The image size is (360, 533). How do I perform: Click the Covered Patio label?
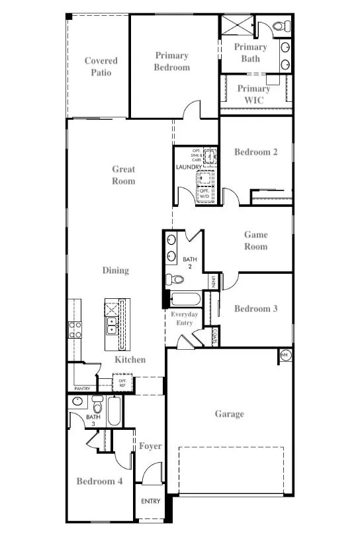(101, 67)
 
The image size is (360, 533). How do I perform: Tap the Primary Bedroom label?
(172, 61)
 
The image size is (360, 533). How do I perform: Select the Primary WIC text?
(253, 94)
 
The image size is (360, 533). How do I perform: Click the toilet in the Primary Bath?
(280, 26)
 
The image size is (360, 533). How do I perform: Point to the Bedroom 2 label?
(255, 152)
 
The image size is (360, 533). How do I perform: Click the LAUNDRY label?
(188, 167)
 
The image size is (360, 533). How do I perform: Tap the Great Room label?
(123, 175)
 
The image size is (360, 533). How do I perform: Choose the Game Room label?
(255, 241)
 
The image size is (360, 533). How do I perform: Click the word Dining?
(115, 270)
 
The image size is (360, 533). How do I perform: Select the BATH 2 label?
(190, 263)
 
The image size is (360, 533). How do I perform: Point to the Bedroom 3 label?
(255, 309)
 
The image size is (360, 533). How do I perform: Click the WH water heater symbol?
(285, 355)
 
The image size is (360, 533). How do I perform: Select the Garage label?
(229, 414)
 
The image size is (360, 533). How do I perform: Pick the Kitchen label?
(130, 360)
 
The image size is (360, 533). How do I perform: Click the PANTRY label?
(82, 389)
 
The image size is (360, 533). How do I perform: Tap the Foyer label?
(150, 446)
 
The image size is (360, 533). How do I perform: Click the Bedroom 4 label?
(99, 481)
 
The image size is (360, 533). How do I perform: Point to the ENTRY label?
(151, 501)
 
